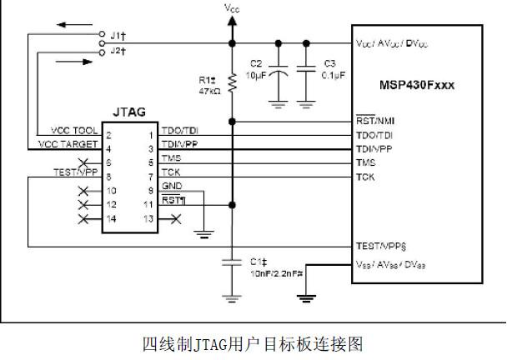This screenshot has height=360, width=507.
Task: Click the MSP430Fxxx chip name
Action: point(424,84)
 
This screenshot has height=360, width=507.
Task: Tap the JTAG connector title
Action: point(128,112)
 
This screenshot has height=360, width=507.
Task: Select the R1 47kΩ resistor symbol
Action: point(232,84)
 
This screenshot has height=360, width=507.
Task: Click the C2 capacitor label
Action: point(257,63)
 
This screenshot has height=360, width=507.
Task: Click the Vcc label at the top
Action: point(232,7)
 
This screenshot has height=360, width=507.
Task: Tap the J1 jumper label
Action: point(118,36)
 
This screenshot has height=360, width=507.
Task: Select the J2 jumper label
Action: point(118,51)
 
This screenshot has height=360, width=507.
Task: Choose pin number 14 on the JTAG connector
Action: point(111,218)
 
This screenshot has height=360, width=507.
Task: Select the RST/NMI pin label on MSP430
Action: point(375,121)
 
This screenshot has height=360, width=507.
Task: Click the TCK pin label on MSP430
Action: point(364,177)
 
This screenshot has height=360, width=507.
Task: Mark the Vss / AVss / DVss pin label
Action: point(390,265)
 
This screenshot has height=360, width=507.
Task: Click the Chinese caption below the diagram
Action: point(253,342)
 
